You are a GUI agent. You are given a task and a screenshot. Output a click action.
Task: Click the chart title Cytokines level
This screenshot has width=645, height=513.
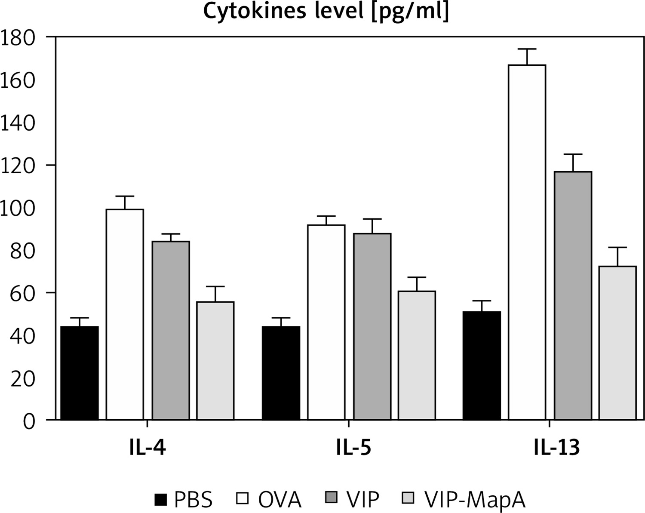click(x=326, y=12)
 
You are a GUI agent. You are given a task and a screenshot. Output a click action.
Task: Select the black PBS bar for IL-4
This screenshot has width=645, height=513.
click(x=80, y=373)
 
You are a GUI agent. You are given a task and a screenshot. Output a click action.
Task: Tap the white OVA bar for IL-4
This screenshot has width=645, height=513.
click(x=125, y=314)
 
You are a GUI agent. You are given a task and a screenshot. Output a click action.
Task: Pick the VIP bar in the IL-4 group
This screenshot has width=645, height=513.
click(x=171, y=330)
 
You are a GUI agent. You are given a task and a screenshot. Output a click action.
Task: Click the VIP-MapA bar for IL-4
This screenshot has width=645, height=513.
click(x=215, y=360)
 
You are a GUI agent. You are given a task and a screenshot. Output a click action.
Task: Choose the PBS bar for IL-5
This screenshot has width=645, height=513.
click(x=281, y=373)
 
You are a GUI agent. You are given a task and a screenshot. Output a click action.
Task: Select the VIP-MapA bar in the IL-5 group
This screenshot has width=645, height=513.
click(x=416, y=355)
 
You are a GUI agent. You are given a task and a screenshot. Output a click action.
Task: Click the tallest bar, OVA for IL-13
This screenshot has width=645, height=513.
click(x=527, y=242)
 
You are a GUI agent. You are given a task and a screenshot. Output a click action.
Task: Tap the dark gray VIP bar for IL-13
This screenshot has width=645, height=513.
click(x=573, y=295)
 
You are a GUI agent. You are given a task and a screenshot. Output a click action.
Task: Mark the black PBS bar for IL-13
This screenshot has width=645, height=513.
click(x=482, y=365)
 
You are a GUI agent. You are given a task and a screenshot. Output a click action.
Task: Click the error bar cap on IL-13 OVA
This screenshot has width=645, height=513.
click(x=527, y=49)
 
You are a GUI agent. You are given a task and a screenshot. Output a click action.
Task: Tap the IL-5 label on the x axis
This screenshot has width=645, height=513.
click(x=348, y=448)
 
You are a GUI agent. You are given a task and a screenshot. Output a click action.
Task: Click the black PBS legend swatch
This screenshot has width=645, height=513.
click(x=160, y=499)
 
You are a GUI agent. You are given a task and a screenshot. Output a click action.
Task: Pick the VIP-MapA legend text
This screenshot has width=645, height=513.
click(x=475, y=500)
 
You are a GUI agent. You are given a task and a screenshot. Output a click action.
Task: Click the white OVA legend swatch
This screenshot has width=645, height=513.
click(x=243, y=499)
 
